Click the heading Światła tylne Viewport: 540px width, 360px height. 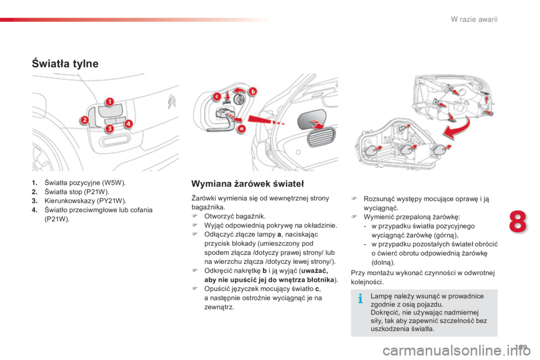coord(65,64)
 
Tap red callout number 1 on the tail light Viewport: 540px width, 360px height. coord(110,102)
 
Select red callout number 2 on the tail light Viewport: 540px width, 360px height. coord(84,120)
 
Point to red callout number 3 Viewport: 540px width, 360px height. coord(110,128)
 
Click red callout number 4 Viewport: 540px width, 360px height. coord(128,124)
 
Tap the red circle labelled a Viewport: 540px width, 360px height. coord(242,129)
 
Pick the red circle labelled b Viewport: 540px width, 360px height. coord(253,92)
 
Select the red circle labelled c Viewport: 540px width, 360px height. coord(217,97)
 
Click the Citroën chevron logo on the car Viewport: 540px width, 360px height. coord(172,101)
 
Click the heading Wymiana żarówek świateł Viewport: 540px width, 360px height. coord(247,183)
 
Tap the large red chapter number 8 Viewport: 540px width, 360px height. coord(517,222)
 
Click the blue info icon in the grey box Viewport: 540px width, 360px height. coord(360,298)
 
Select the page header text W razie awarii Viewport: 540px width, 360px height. coord(474,19)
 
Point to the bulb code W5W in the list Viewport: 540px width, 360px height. coord(113,183)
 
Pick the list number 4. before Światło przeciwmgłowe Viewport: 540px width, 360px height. coord(34,210)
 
